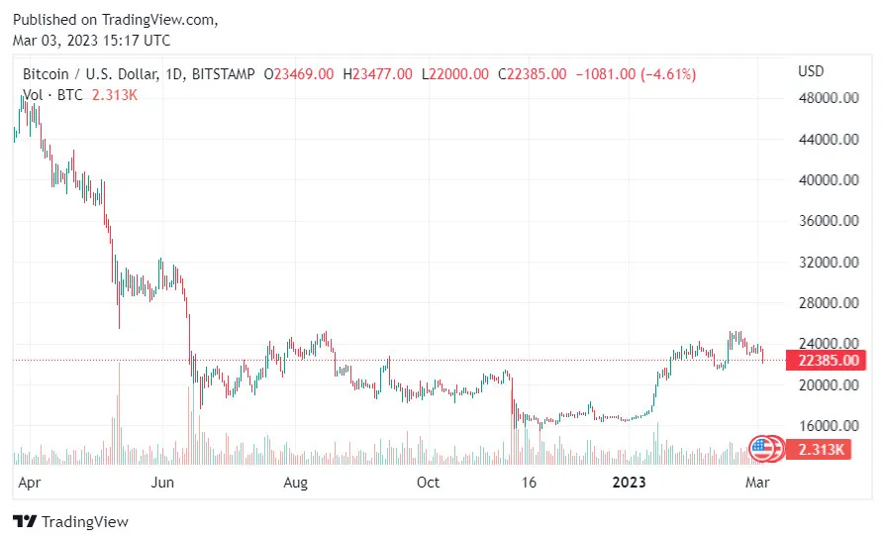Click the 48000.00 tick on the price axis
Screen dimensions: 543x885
tap(827, 98)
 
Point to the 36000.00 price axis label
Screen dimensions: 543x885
tap(827, 221)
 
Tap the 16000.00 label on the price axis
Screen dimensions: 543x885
tap(827, 426)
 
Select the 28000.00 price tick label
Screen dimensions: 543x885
tap(827, 303)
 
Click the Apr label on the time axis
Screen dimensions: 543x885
tap(30, 483)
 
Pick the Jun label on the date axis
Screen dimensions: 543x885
tap(163, 483)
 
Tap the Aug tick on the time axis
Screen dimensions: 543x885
tap(296, 483)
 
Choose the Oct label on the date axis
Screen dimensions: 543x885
tap(428, 483)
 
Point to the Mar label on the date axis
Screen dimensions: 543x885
tap(756, 483)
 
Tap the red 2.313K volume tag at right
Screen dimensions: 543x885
tap(822, 450)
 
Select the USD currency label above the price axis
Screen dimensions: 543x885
tap(811, 71)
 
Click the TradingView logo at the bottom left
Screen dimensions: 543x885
tap(70, 521)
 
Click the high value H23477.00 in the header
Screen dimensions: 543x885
tap(377, 74)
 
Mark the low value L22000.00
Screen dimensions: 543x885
tap(455, 74)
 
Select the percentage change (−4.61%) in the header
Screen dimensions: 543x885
tap(668, 74)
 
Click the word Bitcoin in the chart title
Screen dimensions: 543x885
tap(47, 74)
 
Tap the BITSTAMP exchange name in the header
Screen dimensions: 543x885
tap(223, 74)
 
